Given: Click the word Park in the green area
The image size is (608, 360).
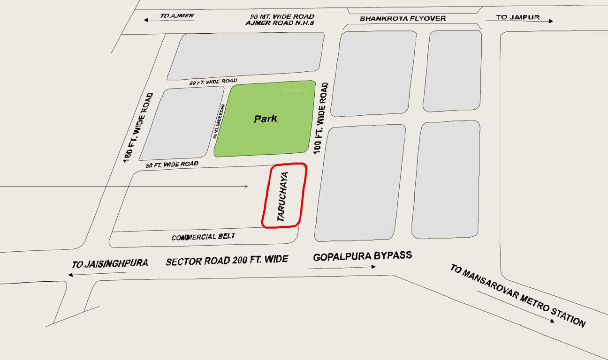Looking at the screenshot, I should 266,119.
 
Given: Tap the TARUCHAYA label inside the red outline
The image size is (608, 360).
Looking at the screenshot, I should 282,196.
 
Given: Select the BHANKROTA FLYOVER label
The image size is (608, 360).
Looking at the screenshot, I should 403,19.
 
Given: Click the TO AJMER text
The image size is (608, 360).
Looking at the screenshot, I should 177,16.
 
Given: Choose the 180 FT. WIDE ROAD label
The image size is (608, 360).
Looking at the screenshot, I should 138,127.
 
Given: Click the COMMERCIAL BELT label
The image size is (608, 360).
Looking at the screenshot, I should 203,237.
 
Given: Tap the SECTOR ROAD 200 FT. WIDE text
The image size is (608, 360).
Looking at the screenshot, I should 227,260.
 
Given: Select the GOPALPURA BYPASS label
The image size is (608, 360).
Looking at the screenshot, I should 362,256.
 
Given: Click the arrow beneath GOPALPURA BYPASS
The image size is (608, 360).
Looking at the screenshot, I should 342,268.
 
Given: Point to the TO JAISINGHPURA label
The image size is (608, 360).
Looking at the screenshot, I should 110,264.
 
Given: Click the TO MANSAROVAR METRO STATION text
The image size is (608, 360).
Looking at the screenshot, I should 518,295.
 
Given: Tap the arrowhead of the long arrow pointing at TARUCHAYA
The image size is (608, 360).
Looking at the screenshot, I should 246,187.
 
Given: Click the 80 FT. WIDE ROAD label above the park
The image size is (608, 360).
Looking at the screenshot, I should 213,82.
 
